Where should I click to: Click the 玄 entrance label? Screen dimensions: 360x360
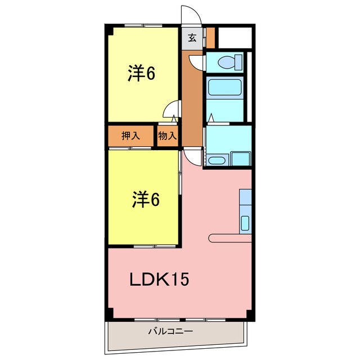(192, 38)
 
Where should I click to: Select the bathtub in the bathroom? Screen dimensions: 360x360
(224, 88)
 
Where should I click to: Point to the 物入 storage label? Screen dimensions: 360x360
(168, 136)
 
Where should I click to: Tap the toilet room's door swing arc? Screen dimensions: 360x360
(196, 62)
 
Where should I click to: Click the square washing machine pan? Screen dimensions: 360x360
(241, 159)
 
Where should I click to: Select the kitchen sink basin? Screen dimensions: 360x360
(245, 223)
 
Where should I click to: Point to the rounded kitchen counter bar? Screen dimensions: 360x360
(229, 238)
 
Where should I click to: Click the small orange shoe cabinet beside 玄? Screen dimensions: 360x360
(210, 37)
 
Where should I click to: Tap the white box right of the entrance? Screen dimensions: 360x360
(235, 37)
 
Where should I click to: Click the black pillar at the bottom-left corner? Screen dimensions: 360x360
(109, 313)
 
